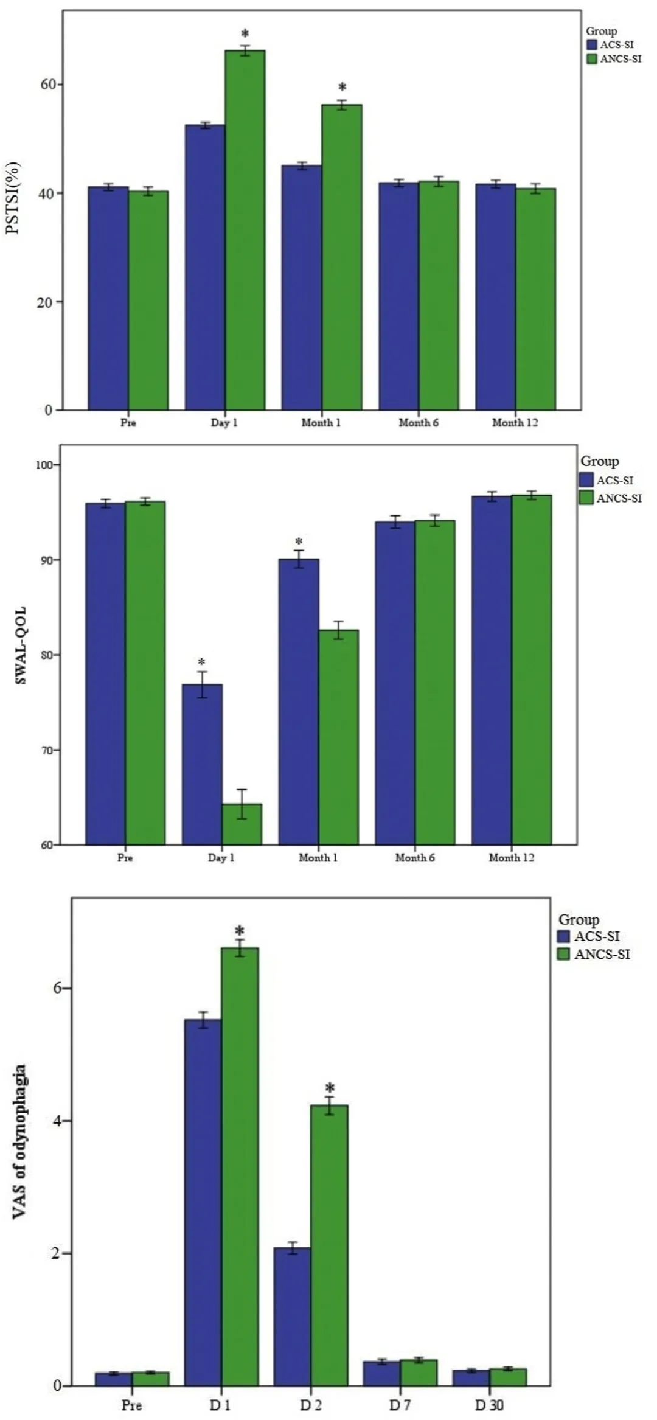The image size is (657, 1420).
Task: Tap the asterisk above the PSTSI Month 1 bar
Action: pos(342,88)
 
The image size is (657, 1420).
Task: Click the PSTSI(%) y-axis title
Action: pos(13,198)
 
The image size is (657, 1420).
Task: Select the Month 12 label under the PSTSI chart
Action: pos(515,422)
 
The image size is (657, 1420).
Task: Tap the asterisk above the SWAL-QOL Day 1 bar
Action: pos(201,663)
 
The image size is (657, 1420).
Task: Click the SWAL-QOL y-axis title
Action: pos(21,645)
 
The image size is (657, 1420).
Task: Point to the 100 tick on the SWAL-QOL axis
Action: pos(47,465)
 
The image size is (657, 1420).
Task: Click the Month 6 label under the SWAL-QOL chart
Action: pos(415,857)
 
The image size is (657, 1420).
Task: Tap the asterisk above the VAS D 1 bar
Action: pos(240,931)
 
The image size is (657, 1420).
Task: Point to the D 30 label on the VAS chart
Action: pos(489,1405)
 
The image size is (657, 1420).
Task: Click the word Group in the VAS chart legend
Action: pos(579,919)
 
